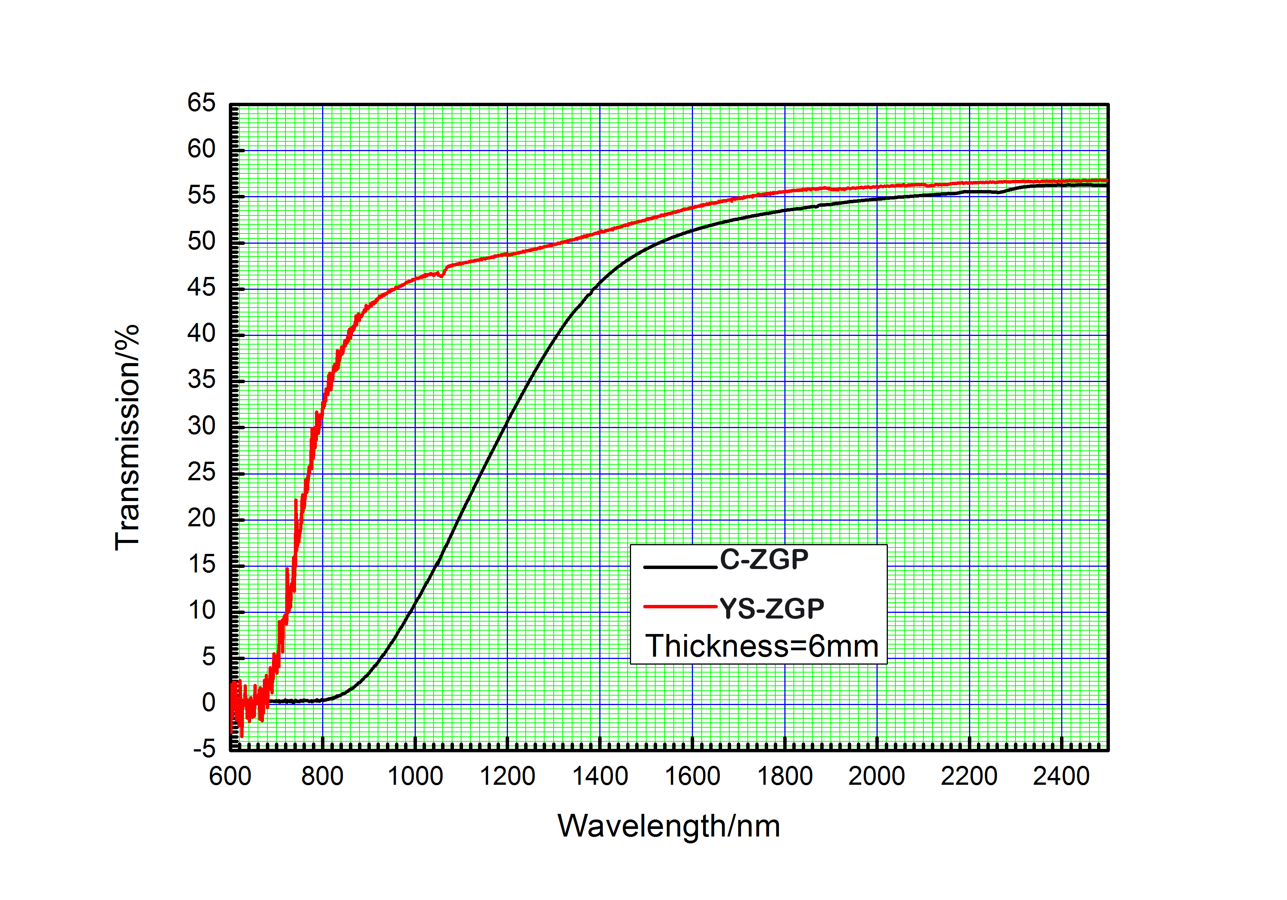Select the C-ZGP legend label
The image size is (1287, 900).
764,559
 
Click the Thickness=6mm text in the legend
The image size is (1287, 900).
761,646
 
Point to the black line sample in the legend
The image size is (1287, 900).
680,567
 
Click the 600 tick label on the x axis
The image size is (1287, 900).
230,776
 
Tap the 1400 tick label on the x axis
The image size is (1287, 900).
600,776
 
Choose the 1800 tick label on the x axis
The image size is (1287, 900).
785,776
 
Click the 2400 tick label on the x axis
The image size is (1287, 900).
1061,776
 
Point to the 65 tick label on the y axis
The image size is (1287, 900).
201,103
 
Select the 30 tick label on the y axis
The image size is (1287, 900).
201,426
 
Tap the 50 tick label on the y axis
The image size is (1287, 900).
201,242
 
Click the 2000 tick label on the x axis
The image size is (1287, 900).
877,776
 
